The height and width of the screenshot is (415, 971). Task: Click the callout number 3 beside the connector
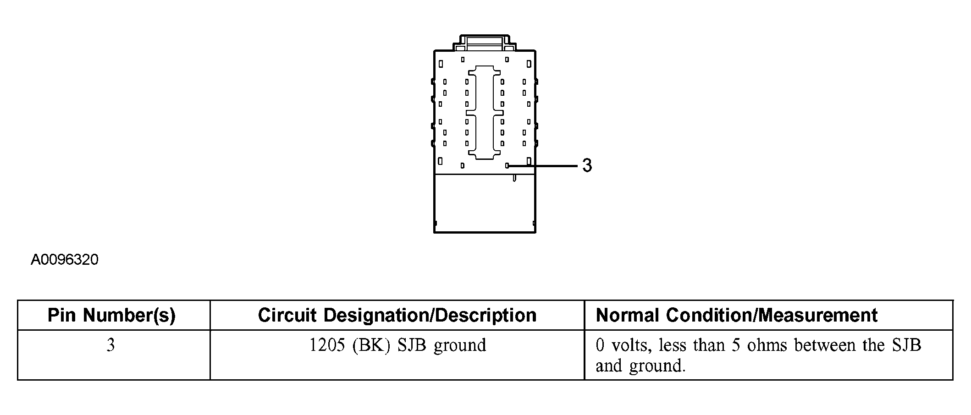[x=587, y=165]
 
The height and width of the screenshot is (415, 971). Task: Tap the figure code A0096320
[x=65, y=260]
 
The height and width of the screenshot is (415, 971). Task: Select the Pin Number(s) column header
[x=112, y=315]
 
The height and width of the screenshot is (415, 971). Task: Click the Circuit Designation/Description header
[x=397, y=315]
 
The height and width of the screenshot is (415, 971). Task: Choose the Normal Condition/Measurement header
[x=736, y=315]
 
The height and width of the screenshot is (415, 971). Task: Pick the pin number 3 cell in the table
[x=111, y=345]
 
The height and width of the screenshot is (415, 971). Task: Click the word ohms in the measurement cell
[x=767, y=345]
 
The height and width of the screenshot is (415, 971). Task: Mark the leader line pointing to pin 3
[x=543, y=166]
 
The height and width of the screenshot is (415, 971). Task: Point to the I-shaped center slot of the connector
[x=485, y=113]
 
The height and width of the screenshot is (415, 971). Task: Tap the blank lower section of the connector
[x=485, y=204]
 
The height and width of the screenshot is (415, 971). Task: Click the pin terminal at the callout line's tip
[x=507, y=166]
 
